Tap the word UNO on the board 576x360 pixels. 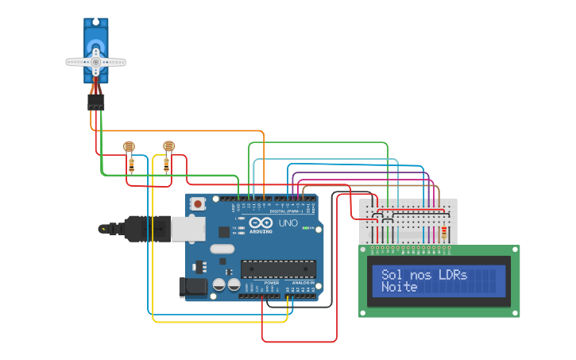pos(288,223)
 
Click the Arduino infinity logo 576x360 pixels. pos(261,223)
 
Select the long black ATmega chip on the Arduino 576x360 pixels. pos(278,270)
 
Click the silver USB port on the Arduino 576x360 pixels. pos(187,229)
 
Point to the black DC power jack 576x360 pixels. pos(193,286)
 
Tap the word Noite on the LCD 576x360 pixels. pos(400,287)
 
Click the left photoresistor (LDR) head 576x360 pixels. pos(129,146)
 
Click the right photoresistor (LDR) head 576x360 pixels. pos(168,146)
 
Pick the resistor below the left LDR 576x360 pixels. pos(132,165)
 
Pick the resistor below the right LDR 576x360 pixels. pos(166,165)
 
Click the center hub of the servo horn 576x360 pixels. pos(95,61)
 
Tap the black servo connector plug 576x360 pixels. pos(95,103)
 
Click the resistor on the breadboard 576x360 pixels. pos(444,234)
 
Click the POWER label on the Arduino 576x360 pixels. pos(272,282)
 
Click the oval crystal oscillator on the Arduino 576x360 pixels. pos(222,249)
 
